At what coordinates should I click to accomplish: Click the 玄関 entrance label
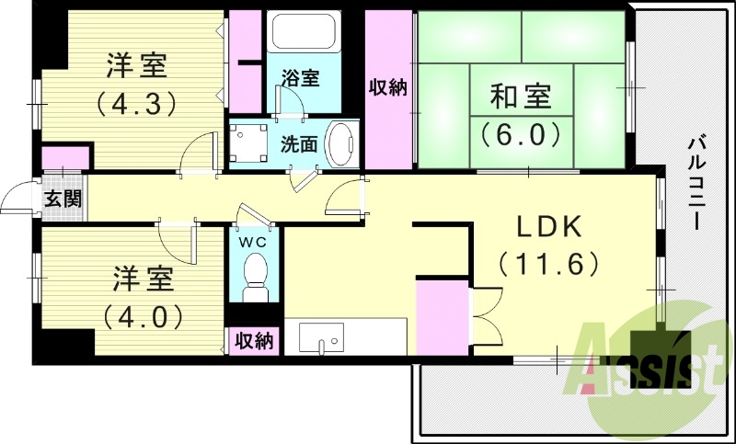[62, 199]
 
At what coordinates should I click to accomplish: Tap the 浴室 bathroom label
[300, 78]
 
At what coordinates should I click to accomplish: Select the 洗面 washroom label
[299, 144]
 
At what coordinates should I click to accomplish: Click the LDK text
[549, 227]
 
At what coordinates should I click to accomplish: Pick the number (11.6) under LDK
[549, 265]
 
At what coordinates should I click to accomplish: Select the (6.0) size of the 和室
[521, 134]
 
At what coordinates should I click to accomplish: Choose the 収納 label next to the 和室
[388, 88]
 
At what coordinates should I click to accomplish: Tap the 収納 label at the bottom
[254, 341]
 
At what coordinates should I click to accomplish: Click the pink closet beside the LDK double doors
[443, 318]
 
